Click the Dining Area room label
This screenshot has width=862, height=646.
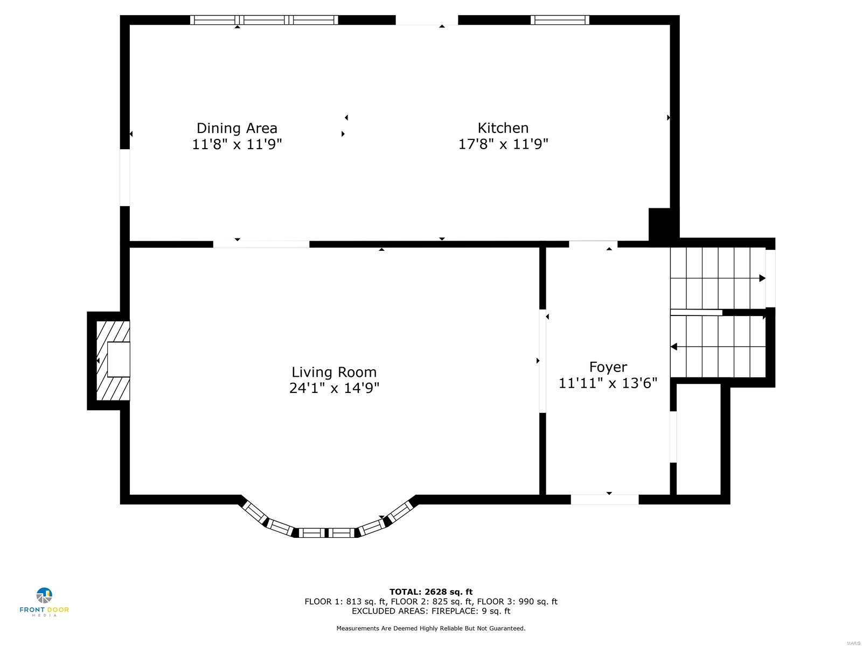pyautogui.click(x=237, y=128)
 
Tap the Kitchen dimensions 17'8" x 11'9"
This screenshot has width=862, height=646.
pyautogui.click(x=503, y=144)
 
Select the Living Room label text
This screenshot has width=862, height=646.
pyautogui.click(x=334, y=372)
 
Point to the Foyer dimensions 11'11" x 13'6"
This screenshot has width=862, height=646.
pyautogui.click(x=608, y=383)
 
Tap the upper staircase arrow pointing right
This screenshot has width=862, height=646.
pyautogui.click(x=761, y=278)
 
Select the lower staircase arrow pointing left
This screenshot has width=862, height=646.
pyautogui.click(x=674, y=347)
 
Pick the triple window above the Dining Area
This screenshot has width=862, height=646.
pyautogui.click(x=264, y=20)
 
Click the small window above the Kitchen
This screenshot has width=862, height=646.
pyautogui.click(x=559, y=20)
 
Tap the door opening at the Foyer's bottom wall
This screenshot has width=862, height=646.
pyautogui.click(x=604, y=500)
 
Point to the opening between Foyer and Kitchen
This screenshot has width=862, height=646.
pyautogui.click(x=593, y=244)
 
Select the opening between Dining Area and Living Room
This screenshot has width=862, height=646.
pyautogui.click(x=261, y=244)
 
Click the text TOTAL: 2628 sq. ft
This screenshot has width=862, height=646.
pyautogui.click(x=431, y=592)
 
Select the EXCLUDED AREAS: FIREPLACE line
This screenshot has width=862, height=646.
pyautogui.click(x=431, y=611)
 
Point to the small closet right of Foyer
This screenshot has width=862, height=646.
pyautogui.click(x=698, y=439)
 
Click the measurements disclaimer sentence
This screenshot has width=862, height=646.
pyautogui.click(x=431, y=628)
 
